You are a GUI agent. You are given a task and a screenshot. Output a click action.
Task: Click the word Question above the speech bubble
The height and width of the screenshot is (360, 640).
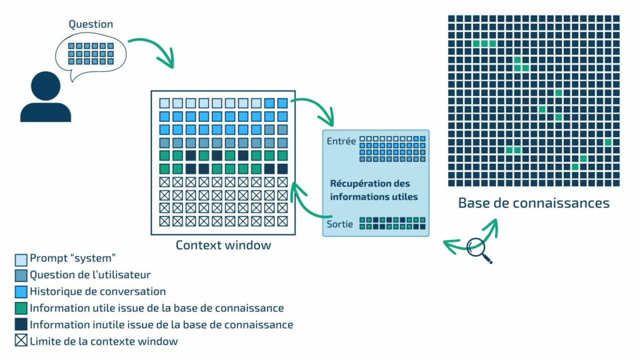(91, 24)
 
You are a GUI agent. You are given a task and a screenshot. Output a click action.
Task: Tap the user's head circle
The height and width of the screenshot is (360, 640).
(45, 87)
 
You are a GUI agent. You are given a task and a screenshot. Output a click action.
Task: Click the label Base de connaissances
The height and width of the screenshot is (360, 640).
(533, 203)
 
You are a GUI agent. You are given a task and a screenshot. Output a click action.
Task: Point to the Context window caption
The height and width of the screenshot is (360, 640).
(223, 245)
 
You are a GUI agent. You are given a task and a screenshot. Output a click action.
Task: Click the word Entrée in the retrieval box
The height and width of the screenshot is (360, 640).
(341, 141)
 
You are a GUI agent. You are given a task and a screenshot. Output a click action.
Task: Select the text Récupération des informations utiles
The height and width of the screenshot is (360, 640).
(374, 190)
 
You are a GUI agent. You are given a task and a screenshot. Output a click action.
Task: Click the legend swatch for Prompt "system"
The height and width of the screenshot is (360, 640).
(21, 258)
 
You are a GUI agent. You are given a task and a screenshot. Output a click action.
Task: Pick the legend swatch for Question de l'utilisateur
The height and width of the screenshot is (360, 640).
(21, 275)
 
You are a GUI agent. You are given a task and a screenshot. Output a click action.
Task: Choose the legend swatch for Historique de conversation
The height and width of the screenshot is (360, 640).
(21, 291)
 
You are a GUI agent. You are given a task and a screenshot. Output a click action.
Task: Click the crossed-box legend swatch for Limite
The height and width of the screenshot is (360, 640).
(21, 341)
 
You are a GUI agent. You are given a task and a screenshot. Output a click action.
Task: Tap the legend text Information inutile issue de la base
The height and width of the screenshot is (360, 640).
(161, 324)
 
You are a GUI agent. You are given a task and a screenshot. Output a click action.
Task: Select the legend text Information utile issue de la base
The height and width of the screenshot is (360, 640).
(157, 308)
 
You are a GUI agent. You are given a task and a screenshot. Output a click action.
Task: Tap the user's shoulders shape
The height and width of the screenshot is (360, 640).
(45, 112)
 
